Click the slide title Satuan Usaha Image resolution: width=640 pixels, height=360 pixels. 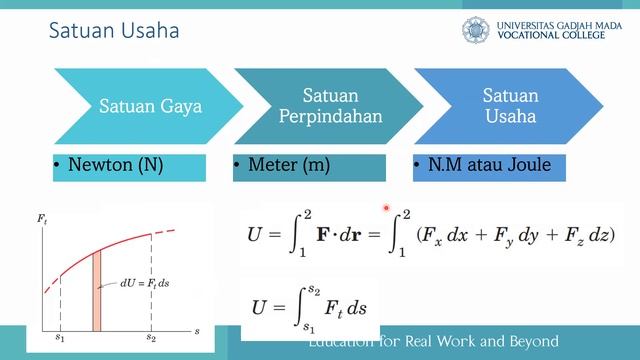(x=114, y=32)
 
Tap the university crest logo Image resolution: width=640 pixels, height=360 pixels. (x=478, y=29)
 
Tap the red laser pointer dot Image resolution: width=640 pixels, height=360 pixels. (x=386, y=208)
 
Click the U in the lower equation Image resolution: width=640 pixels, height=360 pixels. (x=258, y=307)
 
